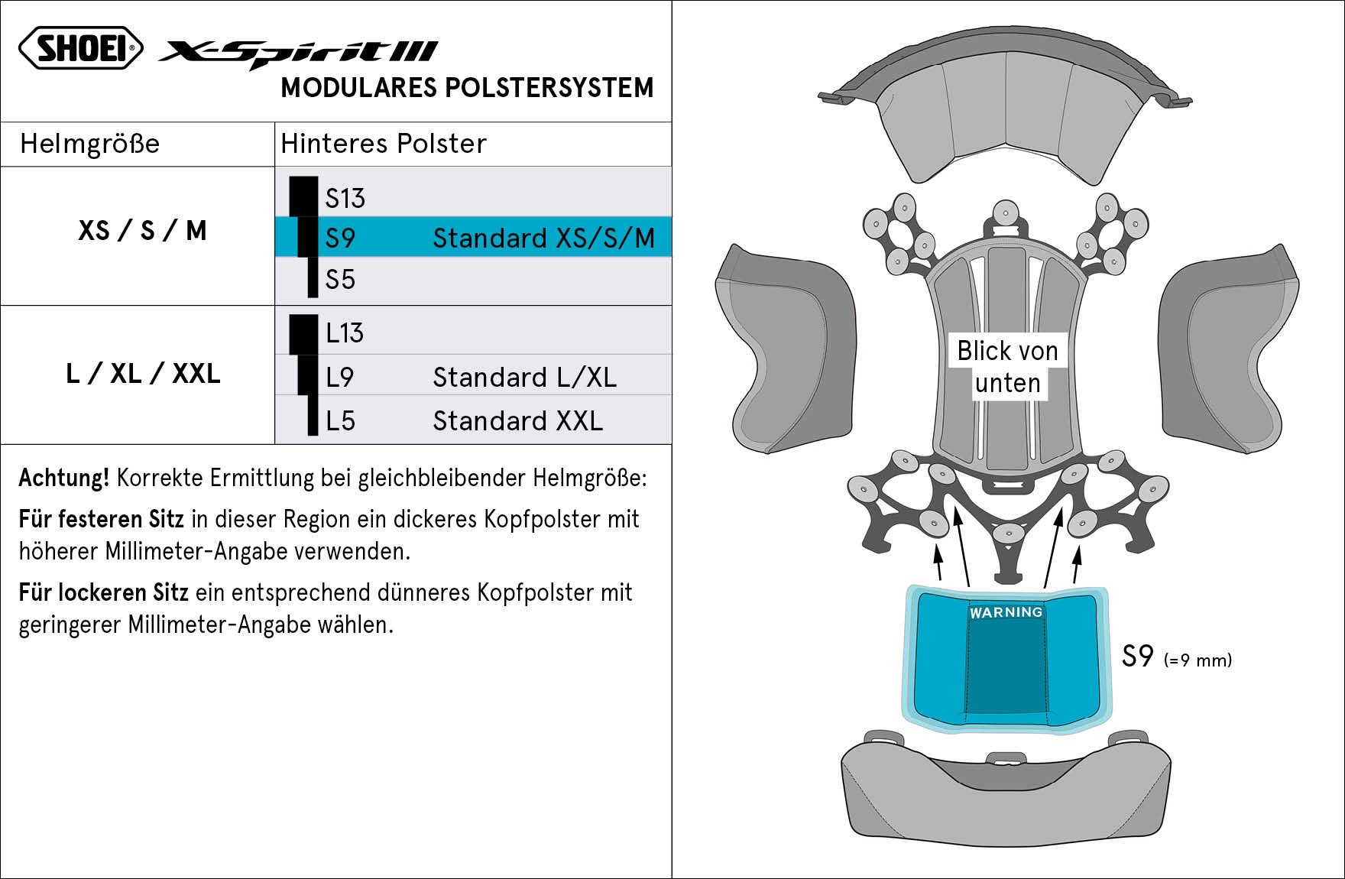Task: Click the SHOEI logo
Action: (81, 48)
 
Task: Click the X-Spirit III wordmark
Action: (298, 54)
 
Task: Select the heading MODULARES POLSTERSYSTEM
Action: (467, 88)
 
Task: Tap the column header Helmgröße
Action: (90, 144)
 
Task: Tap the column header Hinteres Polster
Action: (384, 144)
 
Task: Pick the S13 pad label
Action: (345, 199)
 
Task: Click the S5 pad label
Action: (340, 280)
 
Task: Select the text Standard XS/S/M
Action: (544, 238)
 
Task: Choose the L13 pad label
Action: (345, 333)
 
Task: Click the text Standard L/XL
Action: (525, 378)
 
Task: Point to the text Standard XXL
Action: (518, 421)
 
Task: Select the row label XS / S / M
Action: (142, 231)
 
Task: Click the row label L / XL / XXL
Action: (143, 374)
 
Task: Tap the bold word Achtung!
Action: (64, 478)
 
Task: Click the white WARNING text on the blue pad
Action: (1006, 612)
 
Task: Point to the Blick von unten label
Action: (1008, 367)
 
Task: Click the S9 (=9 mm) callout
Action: (1177, 657)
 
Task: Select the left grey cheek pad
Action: (787, 349)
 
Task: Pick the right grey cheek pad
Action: (1228, 349)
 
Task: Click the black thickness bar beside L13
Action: (303, 334)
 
